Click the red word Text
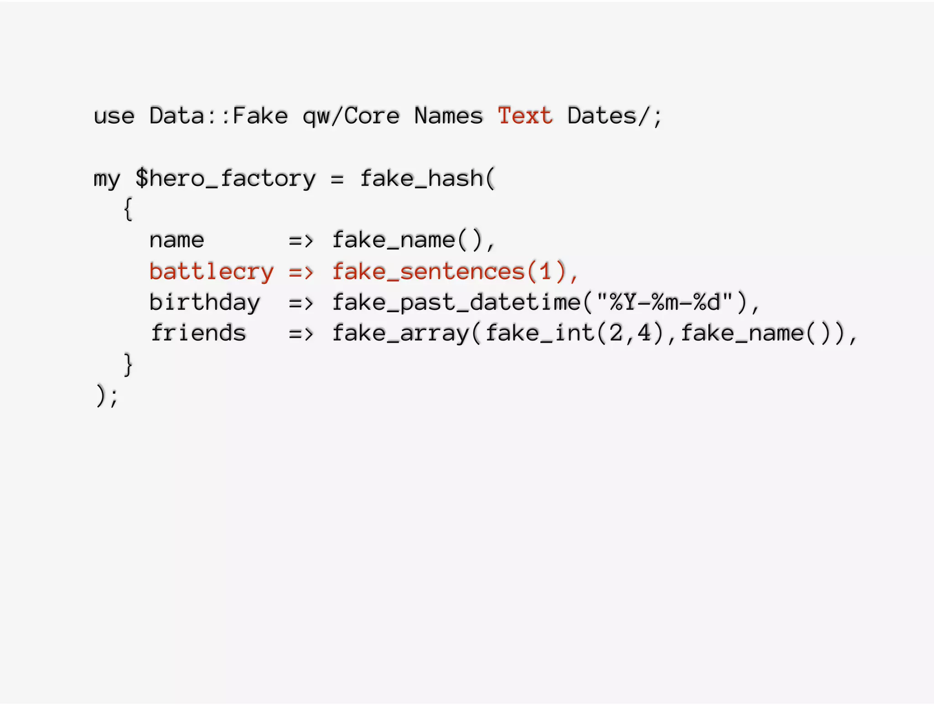tap(525, 116)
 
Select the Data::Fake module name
tap(218, 116)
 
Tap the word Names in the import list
tap(448, 116)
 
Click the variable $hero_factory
tap(225, 178)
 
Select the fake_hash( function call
tap(427, 178)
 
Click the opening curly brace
tap(128, 209)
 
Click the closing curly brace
tap(128, 364)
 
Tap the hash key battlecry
tap(212, 272)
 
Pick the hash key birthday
tap(205, 303)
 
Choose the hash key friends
tap(199, 333)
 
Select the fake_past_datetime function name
tap(456, 303)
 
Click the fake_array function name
tap(400, 333)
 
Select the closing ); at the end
tap(107, 396)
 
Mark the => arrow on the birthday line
tap(301, 303)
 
